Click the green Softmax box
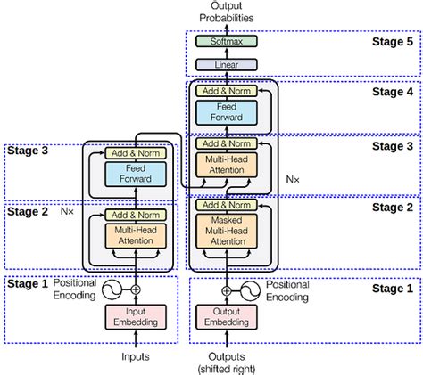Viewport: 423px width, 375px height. pos(226,42)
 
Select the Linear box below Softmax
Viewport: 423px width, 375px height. pos(226,64)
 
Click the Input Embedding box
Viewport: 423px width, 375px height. pos(136,316)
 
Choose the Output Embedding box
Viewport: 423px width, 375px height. pos(226,316)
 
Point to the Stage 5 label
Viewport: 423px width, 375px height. pos(393,42)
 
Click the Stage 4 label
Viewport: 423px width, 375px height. pos(393,91)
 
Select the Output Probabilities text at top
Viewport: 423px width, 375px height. pos(226,12)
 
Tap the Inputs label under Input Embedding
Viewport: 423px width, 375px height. pos(136,356)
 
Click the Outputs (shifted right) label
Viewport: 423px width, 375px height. pos(226,362)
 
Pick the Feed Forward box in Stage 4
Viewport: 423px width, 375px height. pos(226,111)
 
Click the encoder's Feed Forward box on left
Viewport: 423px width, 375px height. pos(136,173)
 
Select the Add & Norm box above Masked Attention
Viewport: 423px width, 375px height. pos(226,206)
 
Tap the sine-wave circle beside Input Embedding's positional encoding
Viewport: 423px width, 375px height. pos(114,289)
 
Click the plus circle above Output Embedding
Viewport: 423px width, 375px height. pos(226,289)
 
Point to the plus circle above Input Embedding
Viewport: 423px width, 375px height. pos(136,289)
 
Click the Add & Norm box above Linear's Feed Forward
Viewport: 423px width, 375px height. pos(226,91)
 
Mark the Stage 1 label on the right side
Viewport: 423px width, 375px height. pos(393,289)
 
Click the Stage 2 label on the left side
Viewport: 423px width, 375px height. pos(28,212)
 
